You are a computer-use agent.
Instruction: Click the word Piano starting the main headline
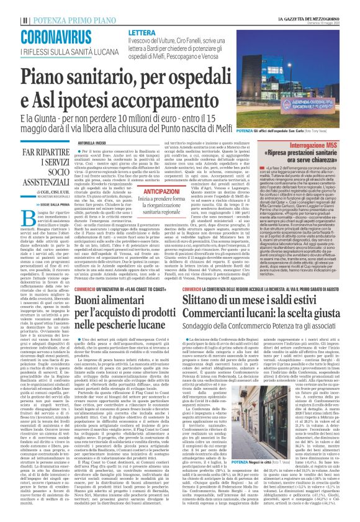[x=53, y=78]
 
